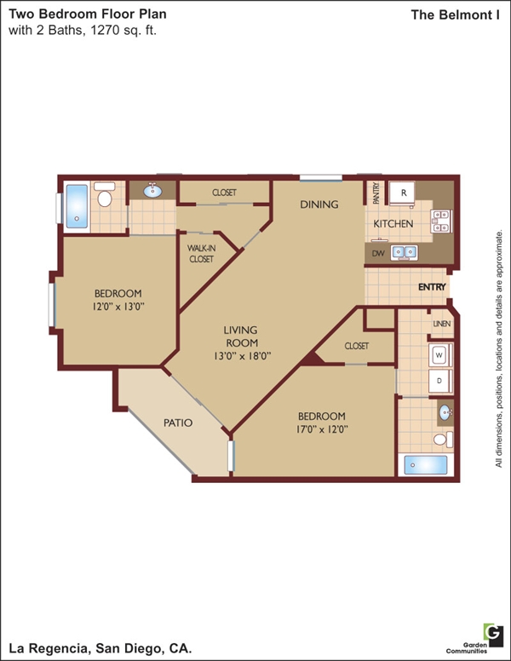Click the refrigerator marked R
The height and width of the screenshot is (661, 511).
tap(402, 193)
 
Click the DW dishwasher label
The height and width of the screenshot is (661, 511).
tap(378, 253)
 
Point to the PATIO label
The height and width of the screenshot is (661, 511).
tap(178, 422)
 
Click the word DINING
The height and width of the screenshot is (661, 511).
tap(319, 204)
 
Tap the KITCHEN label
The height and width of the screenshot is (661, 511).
tap(393, 224)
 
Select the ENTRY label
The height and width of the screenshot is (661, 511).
tap(432, 287)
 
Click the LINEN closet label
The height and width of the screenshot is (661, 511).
tap(442, 324)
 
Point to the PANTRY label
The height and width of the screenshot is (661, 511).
tap(376, 193)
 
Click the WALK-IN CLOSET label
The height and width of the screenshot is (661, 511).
tap(202, 253)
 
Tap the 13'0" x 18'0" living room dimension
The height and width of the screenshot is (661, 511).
tap(242, 356)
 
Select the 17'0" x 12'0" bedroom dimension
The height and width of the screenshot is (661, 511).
tap(321, 429)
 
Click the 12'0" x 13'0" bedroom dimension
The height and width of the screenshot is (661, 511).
tap(118, 307)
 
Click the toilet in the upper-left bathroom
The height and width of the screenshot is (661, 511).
tap(105, 194)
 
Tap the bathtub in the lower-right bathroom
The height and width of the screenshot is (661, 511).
tap(426, 465)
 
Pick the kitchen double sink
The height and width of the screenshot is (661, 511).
tap(405, 252)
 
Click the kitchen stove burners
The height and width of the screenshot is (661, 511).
tap(441, 221)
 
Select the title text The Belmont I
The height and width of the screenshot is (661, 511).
tap(456, 15)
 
